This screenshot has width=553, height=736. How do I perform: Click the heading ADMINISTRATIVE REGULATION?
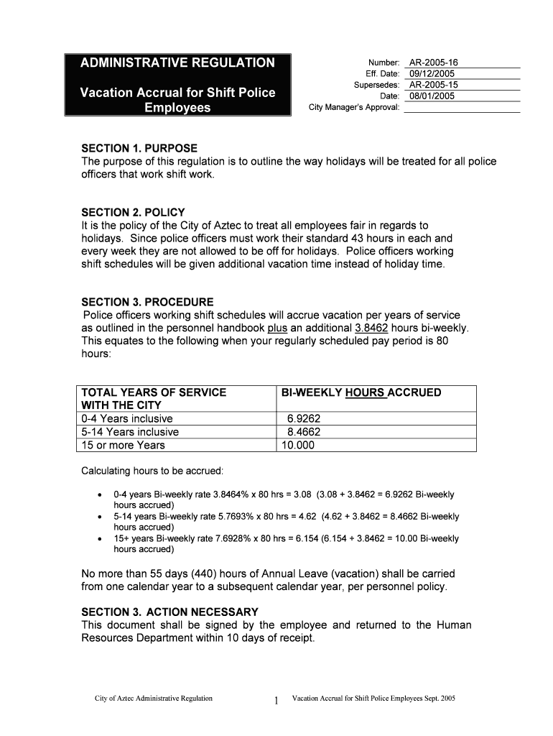pyautogui.click(x=177, y=63)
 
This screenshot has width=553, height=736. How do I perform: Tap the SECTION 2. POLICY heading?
pyautogui.click(x=133, y=212)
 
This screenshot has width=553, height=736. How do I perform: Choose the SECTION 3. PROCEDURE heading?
pyautogui.click(x=147, y=302)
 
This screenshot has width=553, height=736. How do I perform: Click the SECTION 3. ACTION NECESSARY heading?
pyautogui.click(x=169, y=612)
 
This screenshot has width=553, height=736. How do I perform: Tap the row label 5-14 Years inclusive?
pyautogui.click(x=131, y=432)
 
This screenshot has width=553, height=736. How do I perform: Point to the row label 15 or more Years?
pyautogui.click(x=124, y=445)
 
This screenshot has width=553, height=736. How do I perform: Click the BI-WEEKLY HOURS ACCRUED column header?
pyautogui.click(x=361, y=392)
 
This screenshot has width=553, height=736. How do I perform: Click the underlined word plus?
pyautogui.click(x=277, y=328)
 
